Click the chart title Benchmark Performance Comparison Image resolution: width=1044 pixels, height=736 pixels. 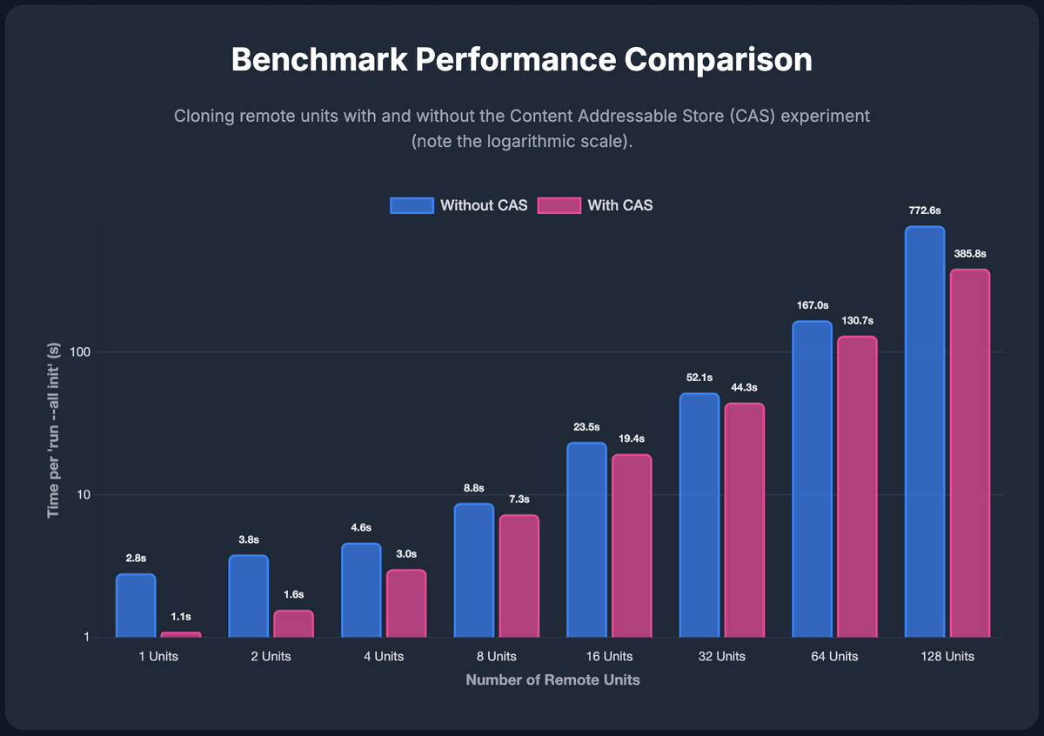(x=521, y=60)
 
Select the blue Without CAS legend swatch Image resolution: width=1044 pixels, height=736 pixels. (x=412, y=205)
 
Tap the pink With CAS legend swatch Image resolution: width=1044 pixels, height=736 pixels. (x=559, y=205)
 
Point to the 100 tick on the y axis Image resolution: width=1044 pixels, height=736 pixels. (x=80, y=352)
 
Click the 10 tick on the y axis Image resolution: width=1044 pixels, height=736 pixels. (x=83, y=494)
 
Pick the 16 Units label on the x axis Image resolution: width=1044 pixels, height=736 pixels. (x=609, y=656)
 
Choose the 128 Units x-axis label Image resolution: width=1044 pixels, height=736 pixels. (x=947, y=656)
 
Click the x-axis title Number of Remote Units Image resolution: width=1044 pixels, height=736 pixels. (x=552, y=680)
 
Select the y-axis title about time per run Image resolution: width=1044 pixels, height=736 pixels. (x=53, y=431)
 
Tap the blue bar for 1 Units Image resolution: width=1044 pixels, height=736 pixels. (x=136, y=606)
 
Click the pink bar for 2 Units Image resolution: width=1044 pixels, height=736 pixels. (x=294, y=624)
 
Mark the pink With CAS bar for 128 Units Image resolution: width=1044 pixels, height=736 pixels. (x=970, y=453)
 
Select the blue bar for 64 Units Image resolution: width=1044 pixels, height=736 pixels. (x=812, y=479)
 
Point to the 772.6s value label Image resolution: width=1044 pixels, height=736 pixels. (x=925, y=211)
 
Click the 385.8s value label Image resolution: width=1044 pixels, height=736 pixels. (x=970, y=253)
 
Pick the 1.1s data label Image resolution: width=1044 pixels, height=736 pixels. (x=181, y=617)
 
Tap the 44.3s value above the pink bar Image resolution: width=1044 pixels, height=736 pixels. (x=745, y=387)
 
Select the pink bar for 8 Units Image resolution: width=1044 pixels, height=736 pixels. (x=519, y=576)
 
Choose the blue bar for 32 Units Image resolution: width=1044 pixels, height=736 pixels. (x=699, y=515)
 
